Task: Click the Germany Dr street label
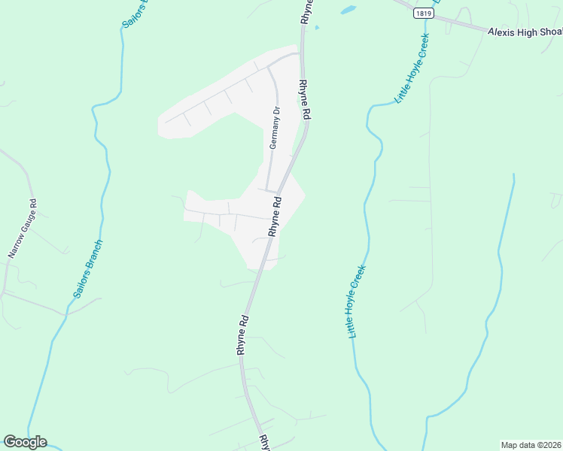pos(275,127)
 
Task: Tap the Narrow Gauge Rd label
pos(22,229)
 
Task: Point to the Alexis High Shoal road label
pos(525,32)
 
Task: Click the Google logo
pos(25,442)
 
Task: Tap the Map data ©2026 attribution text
pos(531,445)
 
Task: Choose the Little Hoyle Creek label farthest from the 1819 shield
pos(357,301)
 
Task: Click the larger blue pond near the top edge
pos(347,11)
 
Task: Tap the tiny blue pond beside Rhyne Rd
pos(316,28)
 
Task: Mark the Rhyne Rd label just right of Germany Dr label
pos(305,99)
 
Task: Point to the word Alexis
pos(499,32)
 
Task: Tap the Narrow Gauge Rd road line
pos(26,180)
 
